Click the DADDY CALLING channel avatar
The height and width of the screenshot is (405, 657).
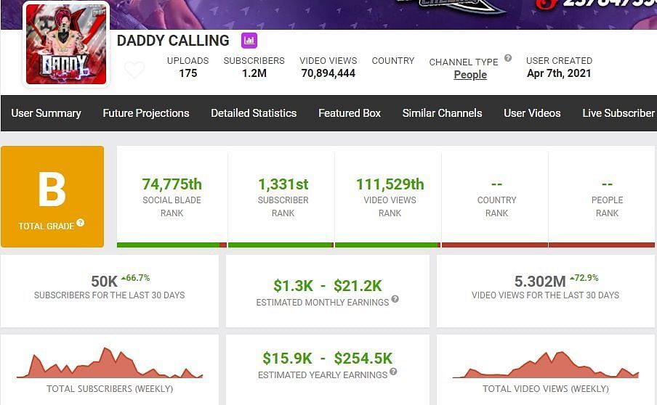pos(66,44)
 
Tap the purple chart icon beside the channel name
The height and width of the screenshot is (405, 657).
pos(249,41)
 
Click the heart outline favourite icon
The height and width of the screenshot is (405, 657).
pos(134,70)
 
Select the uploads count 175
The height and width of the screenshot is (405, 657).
pos(188,73)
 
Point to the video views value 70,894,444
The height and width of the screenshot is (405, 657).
pos(328,73)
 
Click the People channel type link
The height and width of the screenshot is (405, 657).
pos(470,75)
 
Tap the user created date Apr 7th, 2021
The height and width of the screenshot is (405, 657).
pos(559,73)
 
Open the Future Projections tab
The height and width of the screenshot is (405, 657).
pos(146,113)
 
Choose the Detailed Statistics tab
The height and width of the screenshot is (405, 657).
pos(254,113)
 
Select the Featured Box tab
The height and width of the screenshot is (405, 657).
pos(350,113)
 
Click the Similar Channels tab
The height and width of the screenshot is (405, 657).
pos(442,113)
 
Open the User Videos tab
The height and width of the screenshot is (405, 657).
pos(532,113)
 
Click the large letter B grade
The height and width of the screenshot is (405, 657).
pos(52,190)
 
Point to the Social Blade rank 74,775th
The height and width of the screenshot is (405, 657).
pos(172,184)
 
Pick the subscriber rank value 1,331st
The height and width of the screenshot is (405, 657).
pos(283,184)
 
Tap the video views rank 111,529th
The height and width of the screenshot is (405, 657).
pos(390,184)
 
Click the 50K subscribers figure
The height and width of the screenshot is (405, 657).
pos(104,281)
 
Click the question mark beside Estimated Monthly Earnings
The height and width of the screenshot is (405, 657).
pos(395,299)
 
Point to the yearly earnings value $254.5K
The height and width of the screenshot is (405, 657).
pos(363,358)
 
